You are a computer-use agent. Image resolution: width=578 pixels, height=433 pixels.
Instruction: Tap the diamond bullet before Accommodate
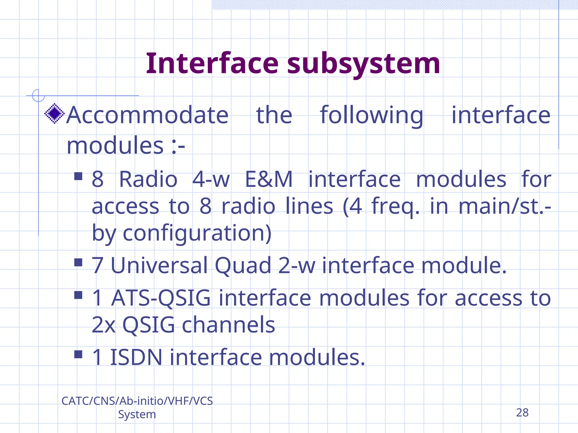tap(54, 114)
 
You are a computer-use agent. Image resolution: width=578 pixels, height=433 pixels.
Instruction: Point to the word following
tap(371, 116)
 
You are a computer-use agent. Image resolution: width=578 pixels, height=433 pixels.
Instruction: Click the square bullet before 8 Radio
tap(78, 176)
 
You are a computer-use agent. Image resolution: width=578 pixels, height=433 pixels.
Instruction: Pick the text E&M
tap(269, 179)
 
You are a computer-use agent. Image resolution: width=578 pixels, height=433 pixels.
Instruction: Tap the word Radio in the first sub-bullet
tap(148, 179)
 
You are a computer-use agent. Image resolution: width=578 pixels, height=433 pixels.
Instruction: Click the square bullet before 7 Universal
tap(78, 262)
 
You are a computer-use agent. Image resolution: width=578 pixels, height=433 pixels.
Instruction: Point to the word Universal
tap(159, 266)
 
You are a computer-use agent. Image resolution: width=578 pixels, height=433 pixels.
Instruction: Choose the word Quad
tap(243, 266)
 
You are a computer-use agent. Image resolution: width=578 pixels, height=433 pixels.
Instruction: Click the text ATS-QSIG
tap(161, 298)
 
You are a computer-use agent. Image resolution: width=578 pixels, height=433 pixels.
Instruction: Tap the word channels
tap(228, 325)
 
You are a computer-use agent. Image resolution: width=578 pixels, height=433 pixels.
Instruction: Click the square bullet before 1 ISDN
tap(78, 354)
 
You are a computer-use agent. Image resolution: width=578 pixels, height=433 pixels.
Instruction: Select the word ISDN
tap(136, 357)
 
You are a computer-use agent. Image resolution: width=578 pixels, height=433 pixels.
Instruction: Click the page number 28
tap(522, 413)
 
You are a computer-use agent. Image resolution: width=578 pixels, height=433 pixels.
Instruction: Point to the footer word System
tap(137, 414)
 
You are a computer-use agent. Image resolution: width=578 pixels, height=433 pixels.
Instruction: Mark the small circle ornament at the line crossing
tap(38, 95)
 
